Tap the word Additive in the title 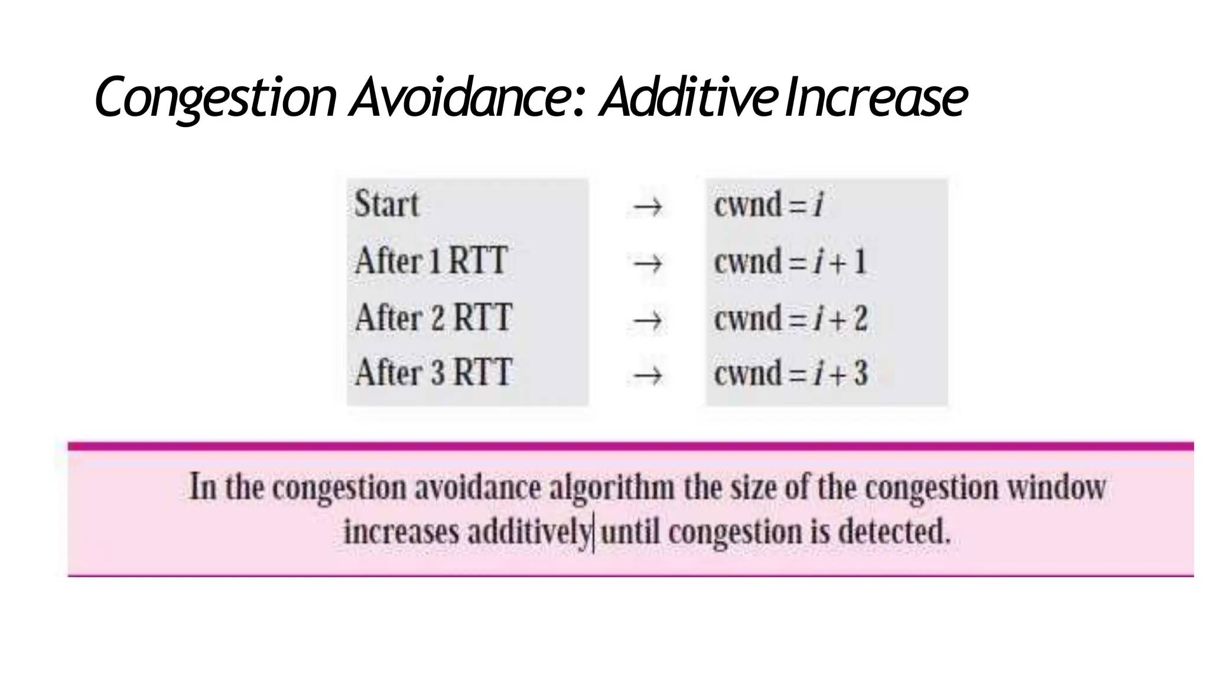click(x=688, y=96)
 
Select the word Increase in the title click(x=876, y=96)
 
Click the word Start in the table click(x=386, y=204)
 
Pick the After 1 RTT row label click(x=431, y=260)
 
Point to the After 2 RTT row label click(x=433, y=317)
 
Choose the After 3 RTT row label click(x=433, y=372)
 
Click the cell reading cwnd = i click(x=768, y=205)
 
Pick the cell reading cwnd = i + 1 click(x=790, y=261)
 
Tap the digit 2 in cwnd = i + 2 click(x=861, y=318)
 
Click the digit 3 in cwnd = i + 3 click(x=861, y=373)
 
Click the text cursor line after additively click(x=594, y=533)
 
